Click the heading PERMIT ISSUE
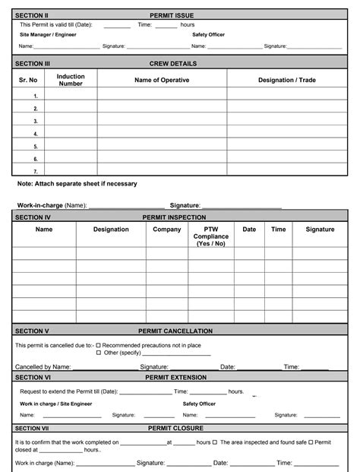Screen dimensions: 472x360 [174, 15]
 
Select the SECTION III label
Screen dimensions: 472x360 [33, 64]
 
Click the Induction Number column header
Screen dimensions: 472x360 [71, 80]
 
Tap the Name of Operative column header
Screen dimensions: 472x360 [162, 80]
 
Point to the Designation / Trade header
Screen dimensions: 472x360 [286, 80]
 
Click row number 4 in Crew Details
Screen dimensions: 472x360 [35, 133]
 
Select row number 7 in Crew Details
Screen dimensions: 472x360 [35, 172]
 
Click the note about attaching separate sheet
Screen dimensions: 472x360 [77, 184]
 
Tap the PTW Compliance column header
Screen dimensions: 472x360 [210, 236]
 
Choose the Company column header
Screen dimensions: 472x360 [167, 229]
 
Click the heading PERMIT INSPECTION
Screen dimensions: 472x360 [174, 217]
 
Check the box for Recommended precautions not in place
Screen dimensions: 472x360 [98, 345]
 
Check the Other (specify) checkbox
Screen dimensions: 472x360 [98, 353]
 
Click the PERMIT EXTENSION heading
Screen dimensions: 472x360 [175, 377]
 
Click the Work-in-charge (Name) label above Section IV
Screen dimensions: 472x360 [52, 205]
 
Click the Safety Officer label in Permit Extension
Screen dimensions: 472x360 [199, 404]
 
